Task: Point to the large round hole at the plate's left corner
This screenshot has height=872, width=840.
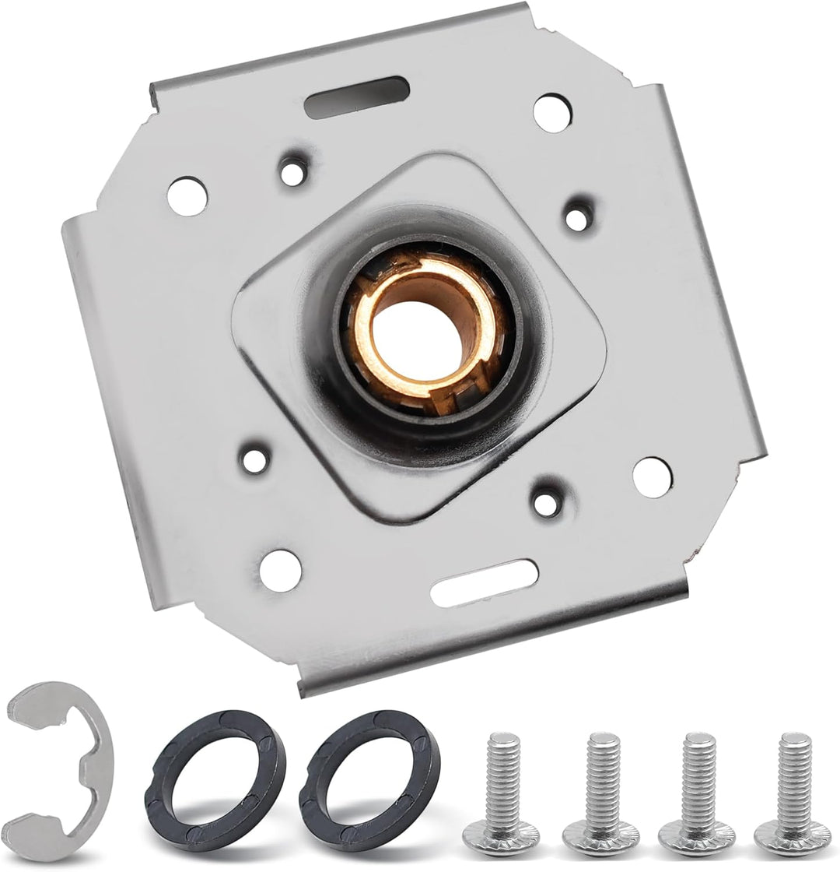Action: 187,195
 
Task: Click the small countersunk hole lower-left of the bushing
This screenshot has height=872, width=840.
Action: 254,460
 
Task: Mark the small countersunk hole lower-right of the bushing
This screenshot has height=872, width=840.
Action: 546,502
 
